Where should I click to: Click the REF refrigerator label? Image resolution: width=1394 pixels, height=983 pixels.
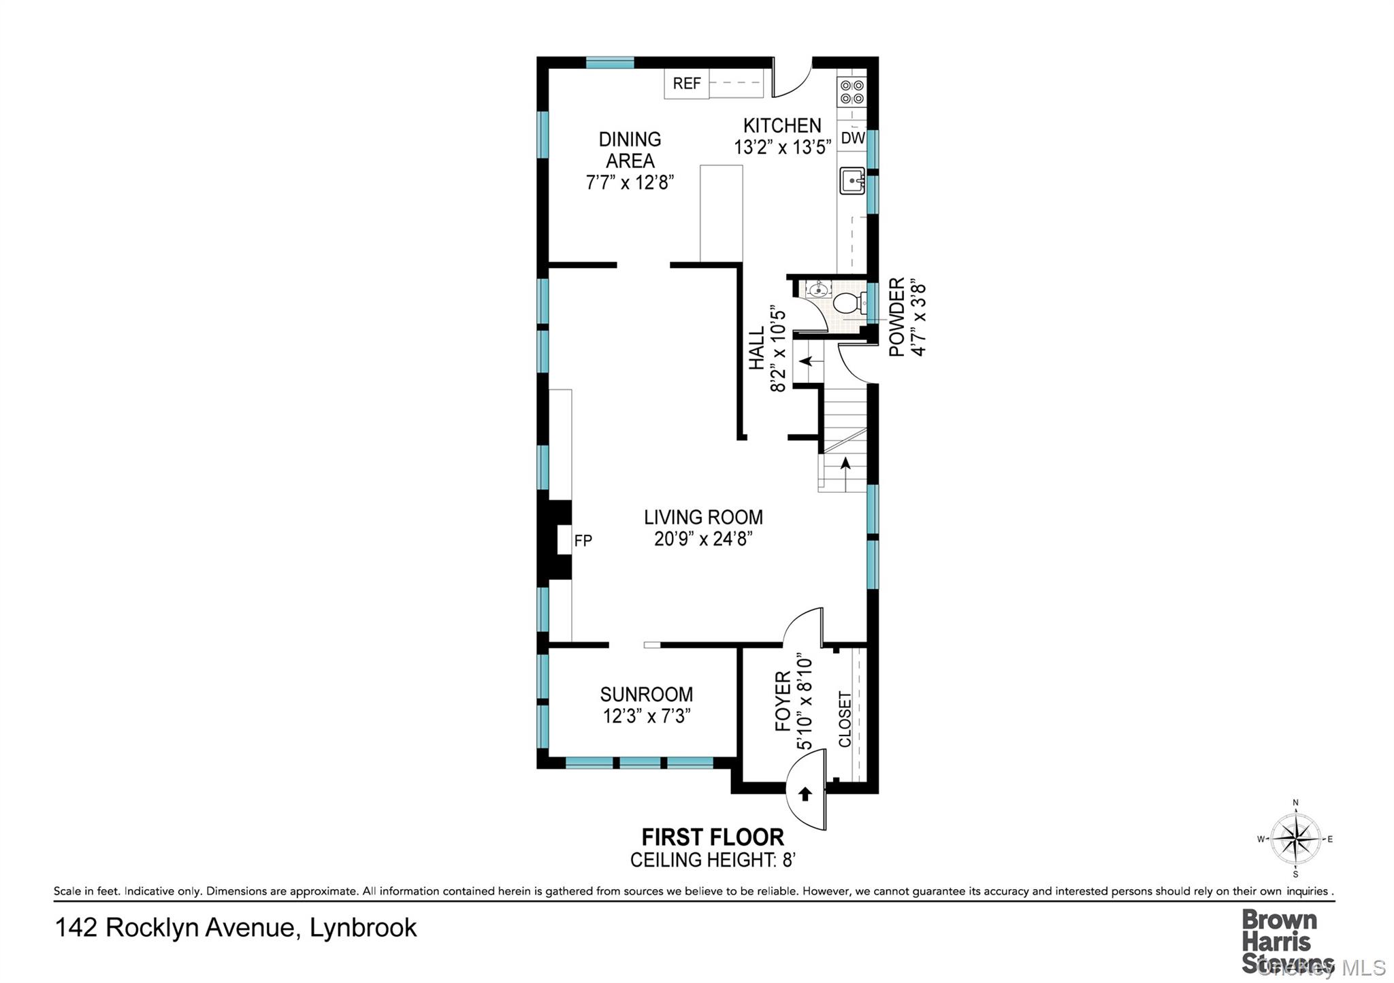tap(687, 84)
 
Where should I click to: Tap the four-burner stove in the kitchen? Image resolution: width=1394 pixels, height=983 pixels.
tap(852, 92)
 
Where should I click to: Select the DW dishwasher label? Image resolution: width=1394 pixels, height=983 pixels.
tap(853, 138)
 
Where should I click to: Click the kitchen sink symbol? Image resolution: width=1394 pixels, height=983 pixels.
tap(852, 181)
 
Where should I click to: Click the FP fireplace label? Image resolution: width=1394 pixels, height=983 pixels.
tap(583, 541)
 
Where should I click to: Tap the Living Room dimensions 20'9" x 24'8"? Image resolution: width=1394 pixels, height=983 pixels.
tap(703, 539)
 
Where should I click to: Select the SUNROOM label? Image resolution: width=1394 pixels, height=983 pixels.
tap(647, 695)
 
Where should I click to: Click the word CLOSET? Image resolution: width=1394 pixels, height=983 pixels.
tap(845, 719)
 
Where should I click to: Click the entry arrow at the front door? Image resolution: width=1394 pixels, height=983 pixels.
tap(805, 793)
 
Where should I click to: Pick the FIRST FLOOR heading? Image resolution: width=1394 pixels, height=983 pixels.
tap(713, 837)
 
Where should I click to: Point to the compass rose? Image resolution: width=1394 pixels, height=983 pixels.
tap(1295, 839)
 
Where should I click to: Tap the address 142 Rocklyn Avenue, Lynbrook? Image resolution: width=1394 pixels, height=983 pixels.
tap(236, 928)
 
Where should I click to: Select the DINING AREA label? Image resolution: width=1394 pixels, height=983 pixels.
tap(630, 150)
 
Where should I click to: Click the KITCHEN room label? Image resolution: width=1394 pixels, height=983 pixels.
tap(782, 126)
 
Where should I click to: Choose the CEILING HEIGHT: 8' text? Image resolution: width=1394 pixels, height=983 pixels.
tap(713, 860)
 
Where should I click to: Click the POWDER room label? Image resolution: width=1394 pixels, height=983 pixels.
tap(897, 316)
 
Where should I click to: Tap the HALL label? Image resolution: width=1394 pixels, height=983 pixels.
tap(757, 349)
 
